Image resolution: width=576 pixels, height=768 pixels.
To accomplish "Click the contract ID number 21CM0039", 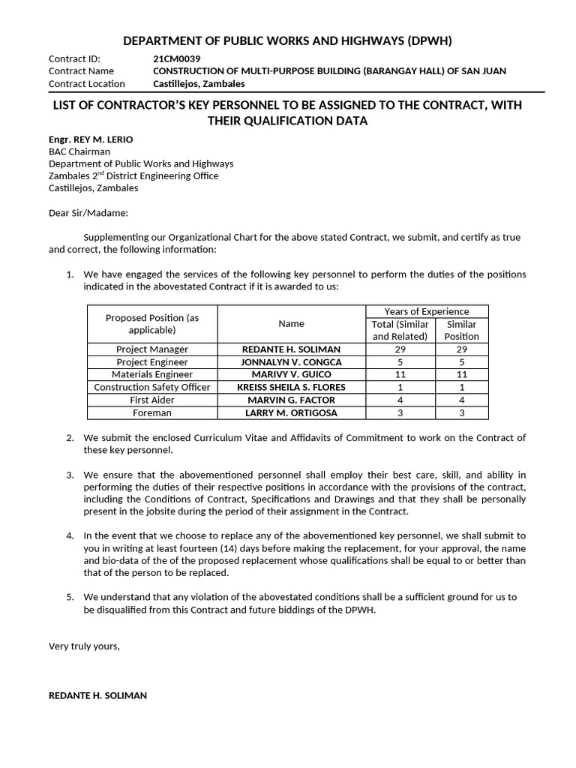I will [176, 58].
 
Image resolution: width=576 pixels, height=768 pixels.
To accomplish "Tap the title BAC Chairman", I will [79, 151].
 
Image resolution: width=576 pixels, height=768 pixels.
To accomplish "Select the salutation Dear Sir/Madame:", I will [88, 213].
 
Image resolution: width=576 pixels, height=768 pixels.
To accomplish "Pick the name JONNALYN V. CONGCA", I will [291, 362].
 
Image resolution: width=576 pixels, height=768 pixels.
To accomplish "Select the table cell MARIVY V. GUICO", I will [291, 375].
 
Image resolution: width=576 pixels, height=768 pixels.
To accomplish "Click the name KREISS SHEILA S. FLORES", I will [291, 388].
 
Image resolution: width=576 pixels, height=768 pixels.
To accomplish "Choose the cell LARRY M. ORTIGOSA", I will [291, 413].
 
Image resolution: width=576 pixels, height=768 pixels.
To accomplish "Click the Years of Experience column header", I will [427, 311].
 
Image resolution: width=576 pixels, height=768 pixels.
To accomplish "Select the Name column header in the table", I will [291, 324].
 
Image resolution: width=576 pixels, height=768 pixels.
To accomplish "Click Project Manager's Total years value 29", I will [400, 349].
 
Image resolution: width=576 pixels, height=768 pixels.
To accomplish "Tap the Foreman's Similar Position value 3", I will [461, 413].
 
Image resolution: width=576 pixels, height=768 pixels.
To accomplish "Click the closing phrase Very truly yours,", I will [84, 646].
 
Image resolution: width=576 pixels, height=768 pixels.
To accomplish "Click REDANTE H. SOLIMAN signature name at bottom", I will [97, 696].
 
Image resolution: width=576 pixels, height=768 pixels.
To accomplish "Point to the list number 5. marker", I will [70, 597].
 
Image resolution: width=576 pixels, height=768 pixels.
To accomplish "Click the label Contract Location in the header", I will [87, 83].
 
